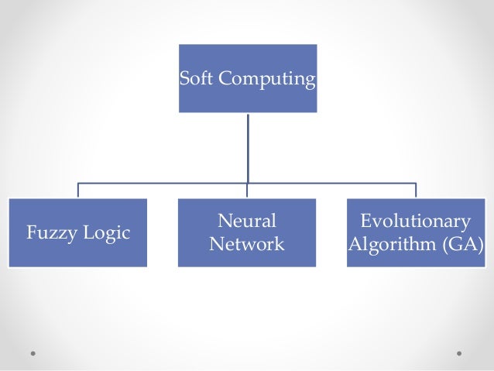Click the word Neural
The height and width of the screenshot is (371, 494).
pyautogui.click(x=247, y=222)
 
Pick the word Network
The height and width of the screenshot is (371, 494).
pyautogui.click(x=247, y=245)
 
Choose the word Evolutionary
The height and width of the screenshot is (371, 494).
pyautogui.click(x=416, y=222)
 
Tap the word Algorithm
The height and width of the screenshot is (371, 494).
pyautogui.click(x=389, y=245)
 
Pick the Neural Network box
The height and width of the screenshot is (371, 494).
pyautogui.click(x=247, y=259)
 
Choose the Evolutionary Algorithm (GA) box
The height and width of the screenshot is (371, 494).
pyautogui.click(x=416, y=259)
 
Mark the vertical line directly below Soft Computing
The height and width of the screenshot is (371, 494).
pyautogui.click(x=248, y=147)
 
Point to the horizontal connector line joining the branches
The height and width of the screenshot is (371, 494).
pyautogui.click(x=163, y=184)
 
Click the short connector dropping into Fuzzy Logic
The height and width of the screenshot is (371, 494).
pyautogui.click(x=78, y=191)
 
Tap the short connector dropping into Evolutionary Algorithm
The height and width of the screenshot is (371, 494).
pyautogui.click(x=416, y=191)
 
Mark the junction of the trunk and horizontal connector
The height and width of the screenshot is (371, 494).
pyautogui.click(x=248, y=184)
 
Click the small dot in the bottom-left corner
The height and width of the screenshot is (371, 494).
pyautogui.click(x=33, y=353)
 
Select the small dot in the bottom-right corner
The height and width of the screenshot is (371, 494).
pyautogui.click(x=459, y=353)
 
